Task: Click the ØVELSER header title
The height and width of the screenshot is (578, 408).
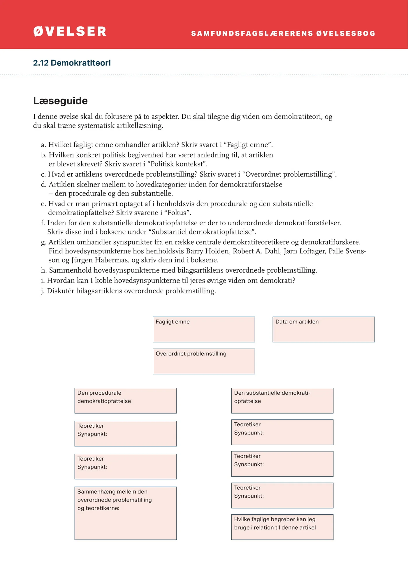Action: tap(70, 32)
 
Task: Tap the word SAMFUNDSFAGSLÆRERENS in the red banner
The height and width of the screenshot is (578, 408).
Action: tap(252, 34)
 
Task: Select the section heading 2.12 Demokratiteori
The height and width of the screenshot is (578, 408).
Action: tap(72, 63)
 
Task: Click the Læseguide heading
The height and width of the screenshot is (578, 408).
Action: tap(60, 101)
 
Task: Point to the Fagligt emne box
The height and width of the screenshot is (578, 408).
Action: tap(204, 329)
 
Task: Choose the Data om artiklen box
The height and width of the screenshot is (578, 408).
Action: tap(323, 329)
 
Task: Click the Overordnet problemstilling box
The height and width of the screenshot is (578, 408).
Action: tap(204, 361)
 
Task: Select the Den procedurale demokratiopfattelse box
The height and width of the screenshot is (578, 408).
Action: tap(126, 401)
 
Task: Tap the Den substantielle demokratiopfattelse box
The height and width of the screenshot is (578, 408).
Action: tap(282, 401)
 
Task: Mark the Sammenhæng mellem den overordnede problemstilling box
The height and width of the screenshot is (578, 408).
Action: tap(126, 513)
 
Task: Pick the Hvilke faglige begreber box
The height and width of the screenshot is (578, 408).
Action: tap(282, 527)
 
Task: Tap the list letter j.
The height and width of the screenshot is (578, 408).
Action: tap(43, 291)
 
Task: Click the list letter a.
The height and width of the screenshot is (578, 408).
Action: tap(43, 145)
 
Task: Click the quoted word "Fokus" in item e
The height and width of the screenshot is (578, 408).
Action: tap(179, 213)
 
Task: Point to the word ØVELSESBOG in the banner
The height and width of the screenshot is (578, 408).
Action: tap(346, 34)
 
